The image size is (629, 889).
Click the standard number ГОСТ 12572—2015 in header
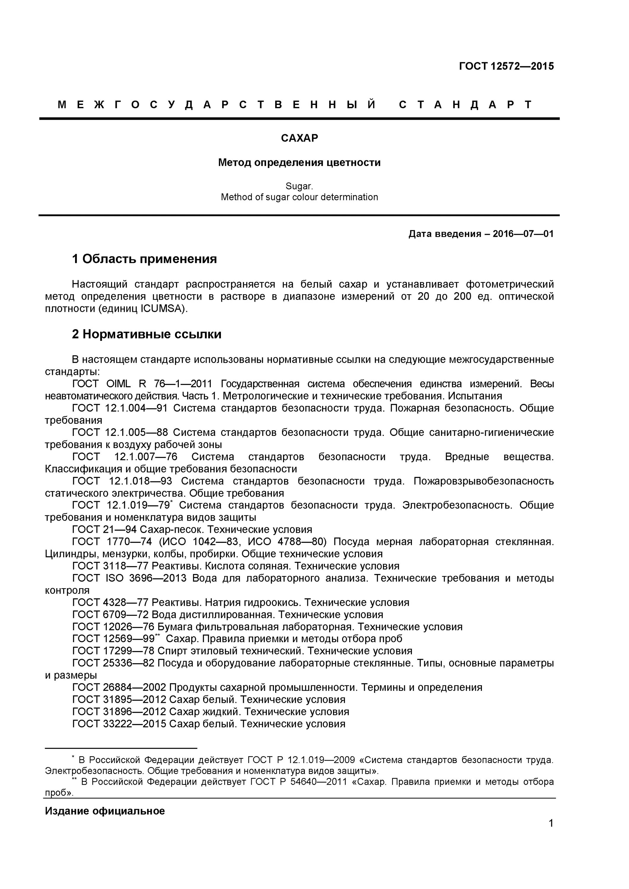coord(506,66)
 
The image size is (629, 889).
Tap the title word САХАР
coord(299,138)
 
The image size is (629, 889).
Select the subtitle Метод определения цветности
coord(299,163)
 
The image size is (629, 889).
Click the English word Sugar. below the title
coord(299,186)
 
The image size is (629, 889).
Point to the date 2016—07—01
coord(523,234)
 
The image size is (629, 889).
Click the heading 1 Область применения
coord(144,259)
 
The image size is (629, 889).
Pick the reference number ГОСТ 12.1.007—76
coord(125,457)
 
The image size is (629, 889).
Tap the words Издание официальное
coord(105,811)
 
